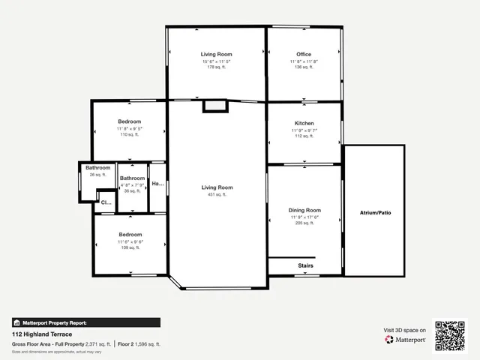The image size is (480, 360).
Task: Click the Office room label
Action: [304, 54]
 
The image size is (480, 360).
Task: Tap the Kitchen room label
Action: [304, 123]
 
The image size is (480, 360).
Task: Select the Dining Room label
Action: [304, 210]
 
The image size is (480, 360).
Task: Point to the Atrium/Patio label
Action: [375, 212]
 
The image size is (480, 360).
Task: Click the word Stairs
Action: [305, 266]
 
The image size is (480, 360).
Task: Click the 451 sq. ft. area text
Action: [217, 194]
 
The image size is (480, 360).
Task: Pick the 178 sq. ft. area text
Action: [216, 67]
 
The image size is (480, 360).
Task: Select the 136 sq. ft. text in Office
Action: [304, 67]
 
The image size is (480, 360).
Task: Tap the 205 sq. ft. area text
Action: [304, 223]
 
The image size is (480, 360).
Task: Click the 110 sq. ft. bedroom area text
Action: [129, 135]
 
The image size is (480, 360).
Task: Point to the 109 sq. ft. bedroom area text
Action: [129, 248]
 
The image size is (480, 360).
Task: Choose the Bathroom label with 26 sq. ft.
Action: [98, 167]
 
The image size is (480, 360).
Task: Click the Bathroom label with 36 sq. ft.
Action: [132, 178]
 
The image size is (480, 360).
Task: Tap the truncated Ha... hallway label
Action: [157, 184]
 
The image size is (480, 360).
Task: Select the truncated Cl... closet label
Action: [105, 202]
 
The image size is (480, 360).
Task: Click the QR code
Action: [450, 335]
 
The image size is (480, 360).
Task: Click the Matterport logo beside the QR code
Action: [406, 340]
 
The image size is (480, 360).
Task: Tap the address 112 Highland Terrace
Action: [40, 334]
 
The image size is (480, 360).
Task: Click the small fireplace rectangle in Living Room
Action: [215, 106]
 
